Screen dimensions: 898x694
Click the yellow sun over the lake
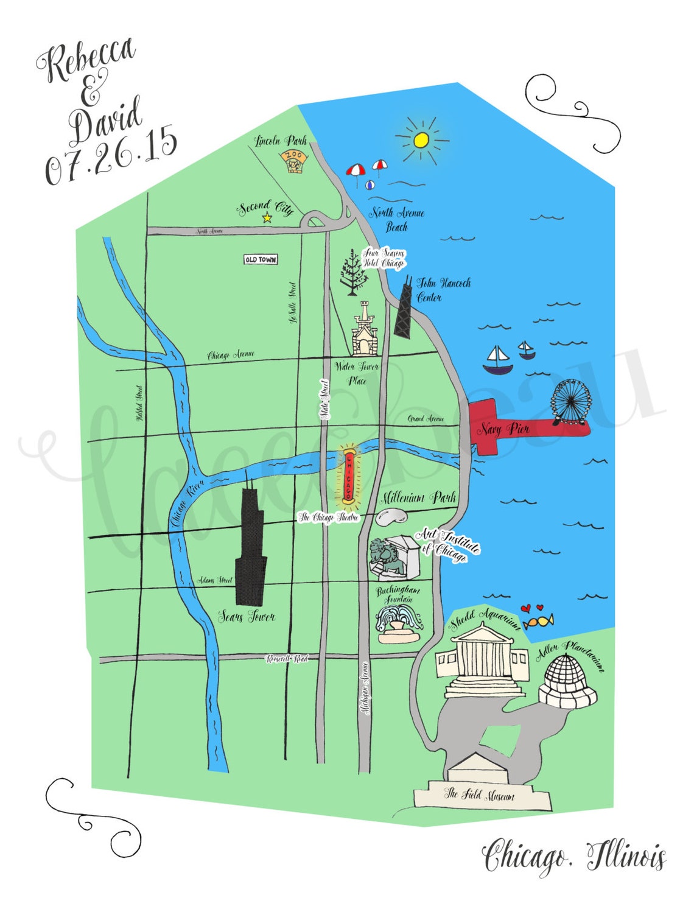(421, 140)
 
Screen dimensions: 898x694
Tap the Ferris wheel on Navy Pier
(570, 401)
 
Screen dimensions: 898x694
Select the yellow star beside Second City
(267, 217)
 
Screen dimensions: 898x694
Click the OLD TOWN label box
(261, 259)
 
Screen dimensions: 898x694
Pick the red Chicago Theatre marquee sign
(348, 475)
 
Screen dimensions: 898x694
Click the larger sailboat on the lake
(497, 360)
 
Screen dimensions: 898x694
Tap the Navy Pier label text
(503, 429)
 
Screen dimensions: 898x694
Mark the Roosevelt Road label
(287, 659)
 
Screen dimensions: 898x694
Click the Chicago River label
(186, 502)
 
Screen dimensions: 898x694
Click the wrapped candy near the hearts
(538, 622)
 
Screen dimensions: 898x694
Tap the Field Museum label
(480, 794)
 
